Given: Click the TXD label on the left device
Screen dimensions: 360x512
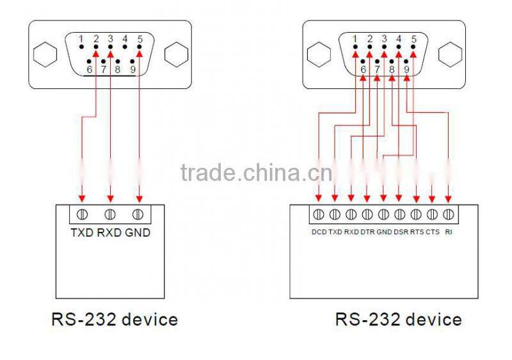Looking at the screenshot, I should [83, 233].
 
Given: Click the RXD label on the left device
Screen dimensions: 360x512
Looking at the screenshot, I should [109, 233].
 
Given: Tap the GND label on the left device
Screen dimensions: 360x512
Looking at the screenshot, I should [138, 233].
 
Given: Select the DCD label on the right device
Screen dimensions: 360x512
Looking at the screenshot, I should [319, 232].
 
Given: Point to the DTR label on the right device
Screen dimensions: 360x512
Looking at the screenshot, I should [367, 232].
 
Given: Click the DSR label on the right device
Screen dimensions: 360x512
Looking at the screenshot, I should [401, 232].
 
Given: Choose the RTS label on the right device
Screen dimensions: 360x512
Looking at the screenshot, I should [417, 232].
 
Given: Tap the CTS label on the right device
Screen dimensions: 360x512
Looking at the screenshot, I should [433, 232].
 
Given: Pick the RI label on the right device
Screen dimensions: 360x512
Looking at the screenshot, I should [449, 232].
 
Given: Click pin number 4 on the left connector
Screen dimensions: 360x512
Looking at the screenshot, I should [125, 38].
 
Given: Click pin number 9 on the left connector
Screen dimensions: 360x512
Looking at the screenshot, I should [132, 69].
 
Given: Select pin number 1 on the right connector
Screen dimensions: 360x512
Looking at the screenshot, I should [355, 38].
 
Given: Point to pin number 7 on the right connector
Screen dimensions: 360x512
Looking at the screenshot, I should [377, 69].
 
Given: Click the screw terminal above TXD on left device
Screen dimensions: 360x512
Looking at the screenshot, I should [82, 214].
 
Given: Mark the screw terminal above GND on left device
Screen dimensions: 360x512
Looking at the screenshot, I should [138, 214].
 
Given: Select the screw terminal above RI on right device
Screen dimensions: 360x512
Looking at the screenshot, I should [449, 214].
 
